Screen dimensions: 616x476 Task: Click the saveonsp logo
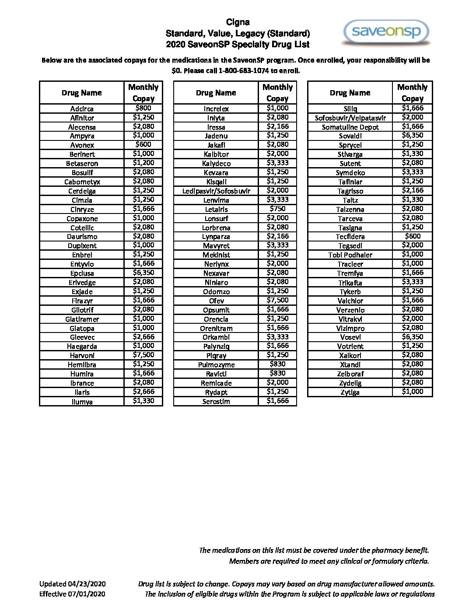click(x=386, y=32)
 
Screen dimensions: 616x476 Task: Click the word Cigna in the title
click(x=238, y=22)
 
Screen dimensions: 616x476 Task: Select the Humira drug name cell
click(x=82, y=374)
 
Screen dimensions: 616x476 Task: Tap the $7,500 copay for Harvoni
click(x=143, y=355)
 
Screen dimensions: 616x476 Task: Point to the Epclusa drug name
click(x=82, y=273)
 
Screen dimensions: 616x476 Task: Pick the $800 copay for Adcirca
click(x=143, y=108)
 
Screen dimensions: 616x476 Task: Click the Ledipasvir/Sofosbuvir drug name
click(x=216, y=191)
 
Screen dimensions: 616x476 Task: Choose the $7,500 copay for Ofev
click(x=277, y=300)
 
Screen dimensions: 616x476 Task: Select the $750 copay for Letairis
click(x=277, y=209)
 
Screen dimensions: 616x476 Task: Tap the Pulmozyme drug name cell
click(x=216, y=365)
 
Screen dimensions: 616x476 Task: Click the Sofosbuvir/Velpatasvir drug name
click(x=350, y=118)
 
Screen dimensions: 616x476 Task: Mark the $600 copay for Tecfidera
click(x=412, y=236)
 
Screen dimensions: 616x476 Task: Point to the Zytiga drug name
click(x=350, y=392)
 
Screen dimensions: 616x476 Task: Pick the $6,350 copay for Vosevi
click(x=412, y=337)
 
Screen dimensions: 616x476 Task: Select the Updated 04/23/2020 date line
click(x=73, y=584)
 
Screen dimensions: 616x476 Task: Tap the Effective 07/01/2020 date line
click(x=72, y=594)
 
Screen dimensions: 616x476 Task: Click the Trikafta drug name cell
click(x=350, y=283)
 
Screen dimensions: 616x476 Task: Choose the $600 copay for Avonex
click(x=143, y=144)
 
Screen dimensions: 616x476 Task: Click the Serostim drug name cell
click(x=216, y=402)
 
